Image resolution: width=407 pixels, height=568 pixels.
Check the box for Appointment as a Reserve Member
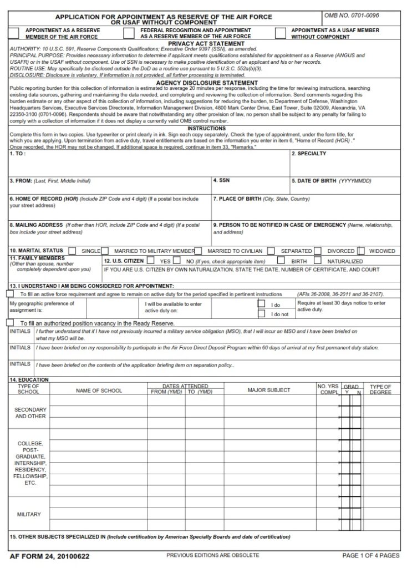(16, 33)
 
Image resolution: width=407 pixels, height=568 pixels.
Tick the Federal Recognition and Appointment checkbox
(129, 33)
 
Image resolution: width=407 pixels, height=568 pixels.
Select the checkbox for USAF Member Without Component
(280, 33)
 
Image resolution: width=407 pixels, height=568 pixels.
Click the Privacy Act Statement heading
(206, 43)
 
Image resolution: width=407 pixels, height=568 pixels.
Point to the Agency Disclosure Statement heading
(206, 83)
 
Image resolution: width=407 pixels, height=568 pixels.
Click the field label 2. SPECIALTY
(309, 154)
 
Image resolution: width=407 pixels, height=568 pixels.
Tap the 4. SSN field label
(222, 181)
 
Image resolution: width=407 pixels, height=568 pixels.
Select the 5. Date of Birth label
(331, 181)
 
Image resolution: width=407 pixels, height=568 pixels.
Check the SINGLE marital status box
(73, 251)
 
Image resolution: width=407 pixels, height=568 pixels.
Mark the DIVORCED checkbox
(318, 251)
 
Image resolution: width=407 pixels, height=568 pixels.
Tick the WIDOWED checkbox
(361, 251)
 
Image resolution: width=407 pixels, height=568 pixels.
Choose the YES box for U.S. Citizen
(151, 260)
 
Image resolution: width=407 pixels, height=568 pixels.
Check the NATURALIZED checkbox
(317, 260)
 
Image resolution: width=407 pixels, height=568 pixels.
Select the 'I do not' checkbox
(261, 314)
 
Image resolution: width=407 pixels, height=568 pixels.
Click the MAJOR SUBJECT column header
(268, 390)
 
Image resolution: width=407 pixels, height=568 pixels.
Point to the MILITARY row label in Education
(29, 514)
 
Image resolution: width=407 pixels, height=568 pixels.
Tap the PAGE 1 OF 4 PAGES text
(370, 555)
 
